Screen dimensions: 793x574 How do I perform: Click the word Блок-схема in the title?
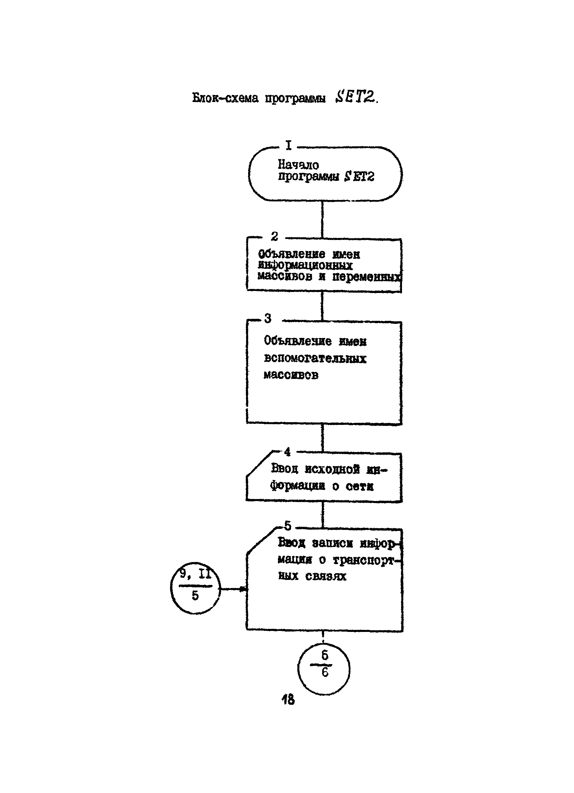pos(225,98)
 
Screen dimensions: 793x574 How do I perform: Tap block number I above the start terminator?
pos(289,145)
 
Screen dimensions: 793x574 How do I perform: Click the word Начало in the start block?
pos(298,164)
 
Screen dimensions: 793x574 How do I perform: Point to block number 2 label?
pos(275,236)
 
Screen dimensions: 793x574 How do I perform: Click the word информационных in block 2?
pos(305,265)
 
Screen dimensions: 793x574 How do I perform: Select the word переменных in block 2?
pos(365,277)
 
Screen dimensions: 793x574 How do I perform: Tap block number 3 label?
pos(268,318)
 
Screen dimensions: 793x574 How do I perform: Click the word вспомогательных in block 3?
pos(315,358)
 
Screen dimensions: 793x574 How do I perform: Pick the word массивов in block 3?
pos(291,375)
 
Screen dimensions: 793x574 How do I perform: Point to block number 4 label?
pos(287,452)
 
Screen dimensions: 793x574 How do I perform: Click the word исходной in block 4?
pos(332,469)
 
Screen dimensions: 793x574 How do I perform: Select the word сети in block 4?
pos(359,486)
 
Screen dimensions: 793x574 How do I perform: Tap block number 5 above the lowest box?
pos(288,526)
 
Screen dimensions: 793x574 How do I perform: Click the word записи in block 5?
pos(332,543)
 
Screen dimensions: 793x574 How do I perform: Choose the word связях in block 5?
pos(326,576)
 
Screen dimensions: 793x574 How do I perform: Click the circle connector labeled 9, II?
pos(195,590)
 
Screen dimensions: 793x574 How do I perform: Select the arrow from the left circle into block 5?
pos(233,589)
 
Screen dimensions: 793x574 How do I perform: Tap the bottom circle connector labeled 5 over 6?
pos(324,668)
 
